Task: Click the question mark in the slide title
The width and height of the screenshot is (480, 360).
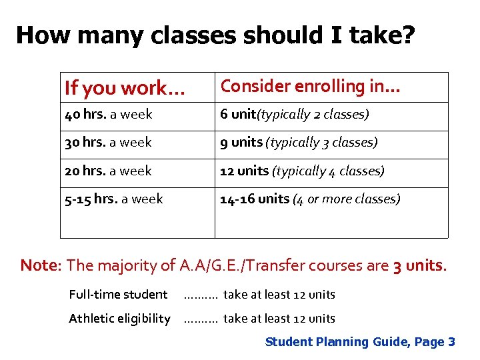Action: [406, 35]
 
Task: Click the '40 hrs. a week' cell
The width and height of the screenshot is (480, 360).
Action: [109, 115]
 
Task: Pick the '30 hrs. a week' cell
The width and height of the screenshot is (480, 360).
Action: [108, 143]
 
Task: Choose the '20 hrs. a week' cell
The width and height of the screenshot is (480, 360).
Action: [108, 171]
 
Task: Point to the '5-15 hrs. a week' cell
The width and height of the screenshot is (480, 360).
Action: [113, 199]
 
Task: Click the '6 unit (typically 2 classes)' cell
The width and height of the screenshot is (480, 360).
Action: [295, 115]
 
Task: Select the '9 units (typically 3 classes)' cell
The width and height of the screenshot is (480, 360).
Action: [299, 143]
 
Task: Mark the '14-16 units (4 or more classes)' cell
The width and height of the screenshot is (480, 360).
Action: [310, 199]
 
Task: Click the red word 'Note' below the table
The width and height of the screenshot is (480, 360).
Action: [40, 265]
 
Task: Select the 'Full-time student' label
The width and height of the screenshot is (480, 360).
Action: [118, 295]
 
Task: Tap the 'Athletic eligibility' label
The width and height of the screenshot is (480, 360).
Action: [119, 319]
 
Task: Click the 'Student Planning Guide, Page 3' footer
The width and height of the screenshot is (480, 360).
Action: [360, 342]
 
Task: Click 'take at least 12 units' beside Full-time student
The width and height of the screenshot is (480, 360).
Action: [279, 295]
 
